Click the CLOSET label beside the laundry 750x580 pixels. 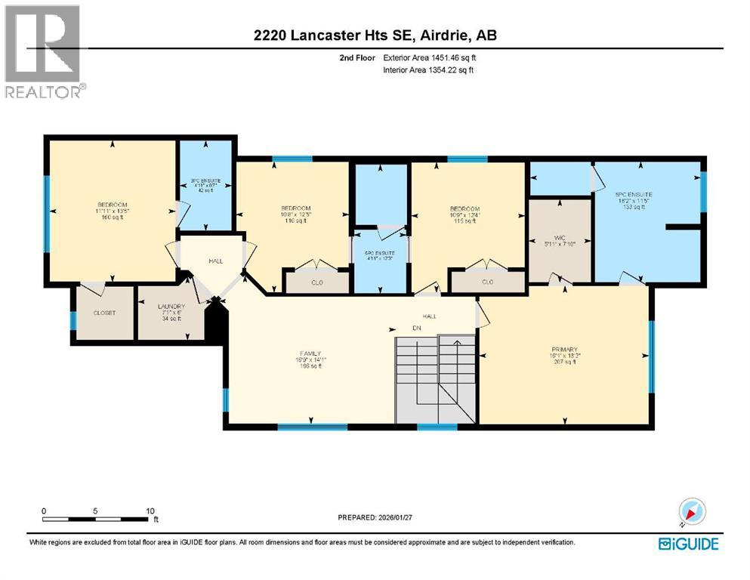click(x=103, y=312)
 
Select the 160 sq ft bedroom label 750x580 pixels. click(x=112, y=211)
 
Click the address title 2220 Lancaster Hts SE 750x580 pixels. click(x=375, y=35)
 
